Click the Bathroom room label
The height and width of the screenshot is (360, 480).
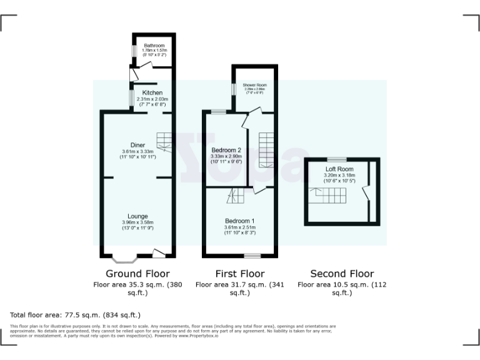click(154, 46)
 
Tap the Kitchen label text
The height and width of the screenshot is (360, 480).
click(152, 92)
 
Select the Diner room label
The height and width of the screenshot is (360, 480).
click(137, 145)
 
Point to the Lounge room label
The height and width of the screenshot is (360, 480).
click(137, 216)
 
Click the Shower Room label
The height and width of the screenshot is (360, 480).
click(254, 85)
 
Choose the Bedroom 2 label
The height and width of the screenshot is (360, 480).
click(226, 150)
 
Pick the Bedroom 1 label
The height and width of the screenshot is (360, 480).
click(240, 221)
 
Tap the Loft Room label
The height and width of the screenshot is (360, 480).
click(339, 169)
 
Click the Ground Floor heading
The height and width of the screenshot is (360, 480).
click(137, 274)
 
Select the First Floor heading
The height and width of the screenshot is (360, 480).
click(240, 274)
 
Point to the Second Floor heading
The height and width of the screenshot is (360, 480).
click(342, 274)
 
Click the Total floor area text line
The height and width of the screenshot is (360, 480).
click(76, 314)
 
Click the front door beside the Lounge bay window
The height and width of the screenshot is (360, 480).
click(159, 253)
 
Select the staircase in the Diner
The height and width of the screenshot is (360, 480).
click(164, 142)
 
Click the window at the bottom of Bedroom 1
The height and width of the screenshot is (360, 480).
click(252, 256)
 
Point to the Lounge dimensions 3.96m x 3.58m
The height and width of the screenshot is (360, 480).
click(137, 222)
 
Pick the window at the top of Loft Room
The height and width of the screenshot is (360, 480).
click(337, 159)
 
